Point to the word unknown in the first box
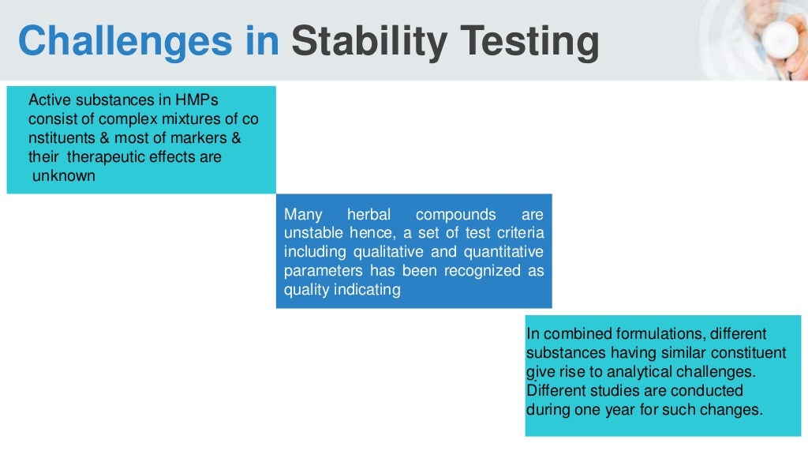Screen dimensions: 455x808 64,176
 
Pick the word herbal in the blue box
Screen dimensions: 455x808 369,215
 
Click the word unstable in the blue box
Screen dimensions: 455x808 312,233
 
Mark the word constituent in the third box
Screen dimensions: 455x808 746,352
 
